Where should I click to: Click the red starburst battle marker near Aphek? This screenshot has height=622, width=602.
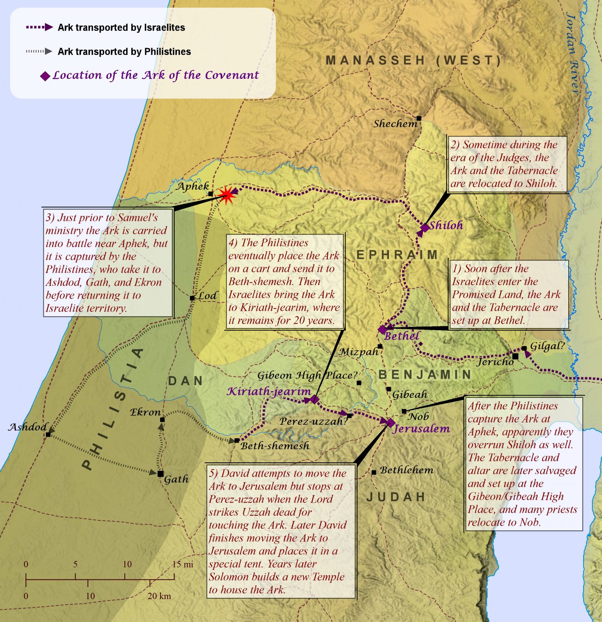coord(227,195)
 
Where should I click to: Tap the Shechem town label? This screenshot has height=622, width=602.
coord(395,124)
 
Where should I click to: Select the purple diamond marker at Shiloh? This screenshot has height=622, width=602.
coord(425,228)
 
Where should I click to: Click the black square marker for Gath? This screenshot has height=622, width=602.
coord(160,474)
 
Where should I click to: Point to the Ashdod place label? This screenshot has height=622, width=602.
coord(28,427)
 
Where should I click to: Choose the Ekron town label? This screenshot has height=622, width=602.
coord(145,412)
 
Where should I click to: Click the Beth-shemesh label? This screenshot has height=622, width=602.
coord(275,446)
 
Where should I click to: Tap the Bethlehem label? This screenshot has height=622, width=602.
coord(407,470)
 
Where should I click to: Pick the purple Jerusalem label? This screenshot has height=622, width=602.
coord(421,429)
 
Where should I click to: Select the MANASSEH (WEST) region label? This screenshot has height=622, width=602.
coord(413,61)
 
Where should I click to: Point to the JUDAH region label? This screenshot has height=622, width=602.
coord(396,497)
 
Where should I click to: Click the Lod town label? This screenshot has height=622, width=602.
coord(208,296)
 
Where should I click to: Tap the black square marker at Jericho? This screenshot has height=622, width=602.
coord(515,356)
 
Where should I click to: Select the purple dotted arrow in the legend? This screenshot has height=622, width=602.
coord(39,27)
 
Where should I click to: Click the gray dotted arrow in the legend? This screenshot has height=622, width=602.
coord(39,51)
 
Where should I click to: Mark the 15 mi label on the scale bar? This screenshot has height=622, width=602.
coord(183,564)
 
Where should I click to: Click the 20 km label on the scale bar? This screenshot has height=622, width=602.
coord(159,596)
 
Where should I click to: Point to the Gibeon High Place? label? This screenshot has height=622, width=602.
coord(307,375)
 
